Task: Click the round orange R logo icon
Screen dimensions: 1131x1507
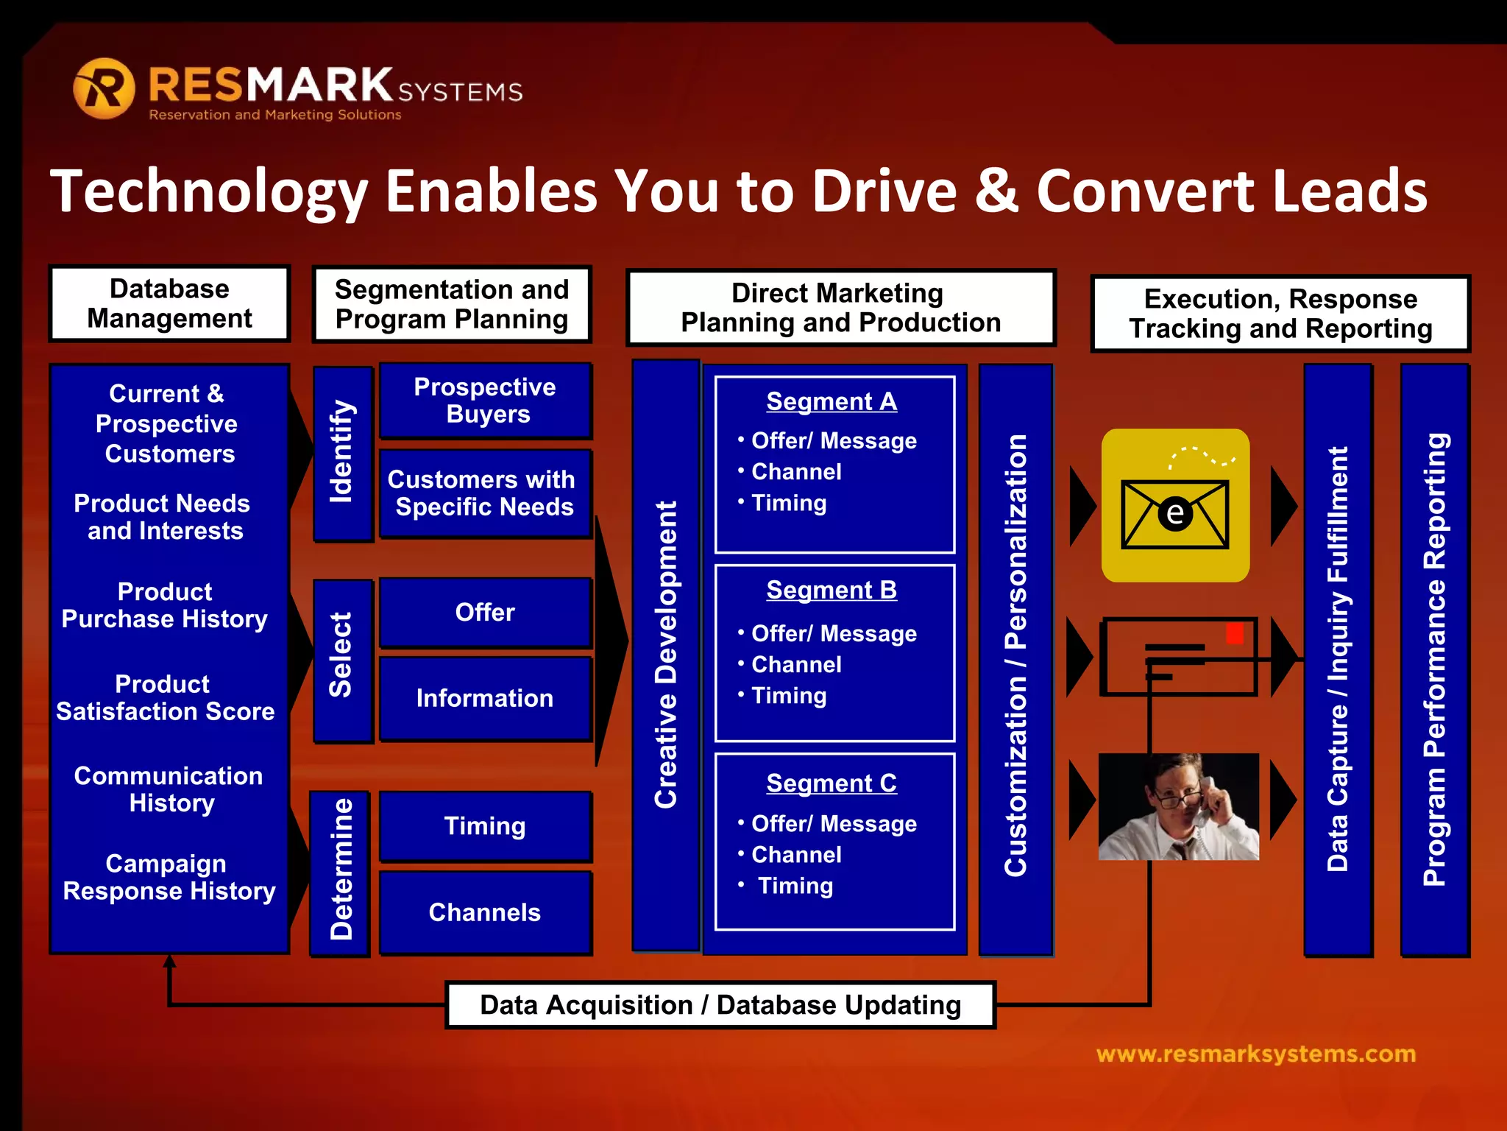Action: (x=104, y=88)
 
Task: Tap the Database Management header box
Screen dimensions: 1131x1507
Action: (x=169, y=303)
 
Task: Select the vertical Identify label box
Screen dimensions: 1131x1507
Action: (x=342, y=453)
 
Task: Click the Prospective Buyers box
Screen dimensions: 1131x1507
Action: (x=485, y=401)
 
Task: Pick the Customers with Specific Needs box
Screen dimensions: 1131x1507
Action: (x=484, y=493)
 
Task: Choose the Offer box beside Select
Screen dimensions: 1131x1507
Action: (x=485, y=612)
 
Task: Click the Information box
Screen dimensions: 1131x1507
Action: (x=485, y=698)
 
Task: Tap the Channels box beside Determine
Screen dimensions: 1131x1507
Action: (x=485, y=912)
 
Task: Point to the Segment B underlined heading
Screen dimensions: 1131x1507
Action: (x=831, y=590)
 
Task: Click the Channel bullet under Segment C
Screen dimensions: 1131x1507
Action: (x=795, y=854)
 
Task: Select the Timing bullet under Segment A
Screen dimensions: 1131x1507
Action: (x=788, y=503)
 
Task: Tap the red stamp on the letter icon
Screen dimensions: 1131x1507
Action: (x=1235, y=633)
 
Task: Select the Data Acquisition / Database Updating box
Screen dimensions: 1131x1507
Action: (x=720, y=1005)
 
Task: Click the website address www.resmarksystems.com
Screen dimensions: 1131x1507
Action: (x=1255, y=1054)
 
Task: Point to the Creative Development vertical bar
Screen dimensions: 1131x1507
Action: (x=666, y=655)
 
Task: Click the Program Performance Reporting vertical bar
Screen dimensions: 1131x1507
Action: (x=1435, y=659)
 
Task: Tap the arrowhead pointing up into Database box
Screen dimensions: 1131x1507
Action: (x=170, y=962)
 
